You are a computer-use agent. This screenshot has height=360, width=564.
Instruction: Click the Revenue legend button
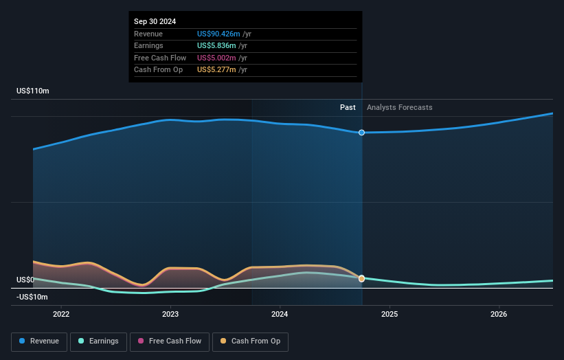(40, 341)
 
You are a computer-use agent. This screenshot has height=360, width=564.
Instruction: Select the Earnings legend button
(98, 341)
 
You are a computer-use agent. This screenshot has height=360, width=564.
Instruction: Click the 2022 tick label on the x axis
(61, 314)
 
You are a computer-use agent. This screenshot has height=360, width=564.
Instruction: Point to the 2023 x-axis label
(170, 314)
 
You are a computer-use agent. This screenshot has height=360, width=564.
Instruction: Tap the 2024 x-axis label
(280, 314)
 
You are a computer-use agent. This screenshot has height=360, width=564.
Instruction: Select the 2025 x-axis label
(390, 314)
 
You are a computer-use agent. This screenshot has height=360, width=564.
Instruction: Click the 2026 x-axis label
(499, 314)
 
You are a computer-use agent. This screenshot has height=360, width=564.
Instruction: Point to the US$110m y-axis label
(33, 91)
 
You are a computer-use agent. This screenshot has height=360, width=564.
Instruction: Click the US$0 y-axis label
(25, 280)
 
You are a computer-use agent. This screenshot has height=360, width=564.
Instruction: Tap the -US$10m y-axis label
(32, 297)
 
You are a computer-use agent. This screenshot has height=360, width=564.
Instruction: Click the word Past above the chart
(348, 107)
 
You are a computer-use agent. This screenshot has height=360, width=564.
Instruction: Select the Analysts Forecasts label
(400, 107)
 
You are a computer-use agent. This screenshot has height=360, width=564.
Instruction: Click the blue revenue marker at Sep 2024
(361, 133)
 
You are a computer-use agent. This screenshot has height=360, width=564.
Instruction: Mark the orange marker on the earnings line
(361, 278)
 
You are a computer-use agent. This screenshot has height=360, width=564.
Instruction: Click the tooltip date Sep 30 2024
(155, 21)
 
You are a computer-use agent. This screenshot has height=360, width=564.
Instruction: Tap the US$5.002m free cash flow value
(214, 58)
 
